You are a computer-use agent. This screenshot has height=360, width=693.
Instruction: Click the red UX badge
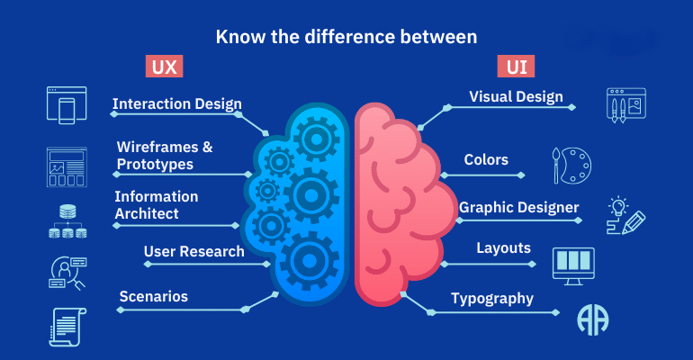click(x=164, y=67)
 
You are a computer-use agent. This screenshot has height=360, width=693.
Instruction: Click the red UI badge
click(x=516, y=67)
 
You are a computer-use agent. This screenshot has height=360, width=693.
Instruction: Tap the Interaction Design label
click(x=176, y=103)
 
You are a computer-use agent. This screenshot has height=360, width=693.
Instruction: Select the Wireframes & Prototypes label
click(x=165, y=156)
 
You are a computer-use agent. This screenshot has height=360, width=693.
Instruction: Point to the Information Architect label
click(x=157, y=205)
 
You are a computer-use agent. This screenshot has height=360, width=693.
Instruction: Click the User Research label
click(x=194, y=251)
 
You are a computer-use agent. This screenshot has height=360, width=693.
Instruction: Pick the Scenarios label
click(x=154, y=296)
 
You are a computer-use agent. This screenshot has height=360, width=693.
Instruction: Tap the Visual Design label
click(x=517, y=96)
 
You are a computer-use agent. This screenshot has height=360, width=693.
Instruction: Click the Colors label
click(x=486, y=159)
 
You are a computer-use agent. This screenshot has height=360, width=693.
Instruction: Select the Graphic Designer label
click(x=519, y=207)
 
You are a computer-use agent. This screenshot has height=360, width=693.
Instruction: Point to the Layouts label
click(x=503, y=248)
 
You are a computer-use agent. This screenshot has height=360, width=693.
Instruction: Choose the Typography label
click(x=492, y=299)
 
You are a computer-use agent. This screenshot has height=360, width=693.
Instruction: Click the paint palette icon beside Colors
click(x=571, y=166)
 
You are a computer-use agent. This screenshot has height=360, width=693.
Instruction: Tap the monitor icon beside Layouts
click(x=573, y=266)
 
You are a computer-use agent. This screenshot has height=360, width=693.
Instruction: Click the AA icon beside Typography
click(x=593, y=320)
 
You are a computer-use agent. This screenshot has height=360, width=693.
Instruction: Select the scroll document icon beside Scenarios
click(x=67, y=328)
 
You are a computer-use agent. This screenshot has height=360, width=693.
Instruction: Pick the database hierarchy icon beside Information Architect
click(x=67, y=221)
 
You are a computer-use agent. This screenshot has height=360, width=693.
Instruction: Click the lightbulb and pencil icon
click(x=625, y=216)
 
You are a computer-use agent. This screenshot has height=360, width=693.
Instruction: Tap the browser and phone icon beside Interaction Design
click(x=67, y=105)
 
